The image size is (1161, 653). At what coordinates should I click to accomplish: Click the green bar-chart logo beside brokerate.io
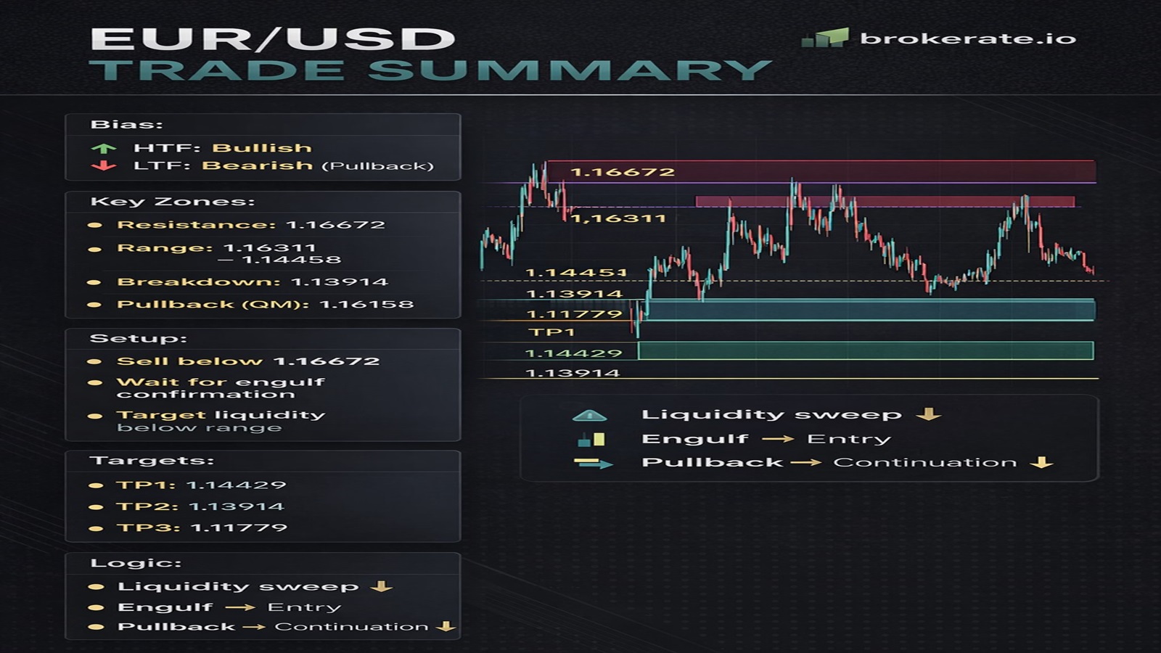click(x=825, y=38)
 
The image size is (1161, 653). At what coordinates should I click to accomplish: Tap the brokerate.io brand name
click(x=967, y=38)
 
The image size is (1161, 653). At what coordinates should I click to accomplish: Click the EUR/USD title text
click(x=272, y=39)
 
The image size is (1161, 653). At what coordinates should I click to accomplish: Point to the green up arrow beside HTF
click(x=104, y=148)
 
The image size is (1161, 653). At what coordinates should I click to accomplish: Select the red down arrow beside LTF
click(x=104, y=166)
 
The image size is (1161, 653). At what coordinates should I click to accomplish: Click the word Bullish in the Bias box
click(x=262, y=148)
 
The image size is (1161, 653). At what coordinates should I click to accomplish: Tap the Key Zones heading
click(x=172, y=202)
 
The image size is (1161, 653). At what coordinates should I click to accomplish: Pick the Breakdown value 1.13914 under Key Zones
click(x=339, y=282)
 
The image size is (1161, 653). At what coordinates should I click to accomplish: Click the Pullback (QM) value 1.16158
click(x=366, y=304)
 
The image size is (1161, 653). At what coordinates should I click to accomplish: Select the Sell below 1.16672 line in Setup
click(x=247, y=361)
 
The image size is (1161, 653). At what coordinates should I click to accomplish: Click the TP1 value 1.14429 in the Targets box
click(x=236, y=485)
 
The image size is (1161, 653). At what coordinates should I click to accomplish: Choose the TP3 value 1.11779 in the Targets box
click(x=239, y=527)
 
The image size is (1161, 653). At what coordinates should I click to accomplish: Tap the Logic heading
click(x=136, y=563)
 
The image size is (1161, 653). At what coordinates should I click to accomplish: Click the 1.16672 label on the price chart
click(x=623, y=172)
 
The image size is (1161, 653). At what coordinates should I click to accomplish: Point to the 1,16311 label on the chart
click(x=618, y=218)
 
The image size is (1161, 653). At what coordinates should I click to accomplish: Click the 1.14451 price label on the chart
click(x=575, y=274)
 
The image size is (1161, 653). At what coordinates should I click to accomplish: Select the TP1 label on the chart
click(x=551, y=332)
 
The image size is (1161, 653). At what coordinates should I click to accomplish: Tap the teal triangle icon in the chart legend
click(x=589, y=416)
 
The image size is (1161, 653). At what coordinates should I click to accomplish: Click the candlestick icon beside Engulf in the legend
click(x=591, y=440)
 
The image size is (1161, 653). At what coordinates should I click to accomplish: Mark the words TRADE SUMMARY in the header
click(x=430, y=71)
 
